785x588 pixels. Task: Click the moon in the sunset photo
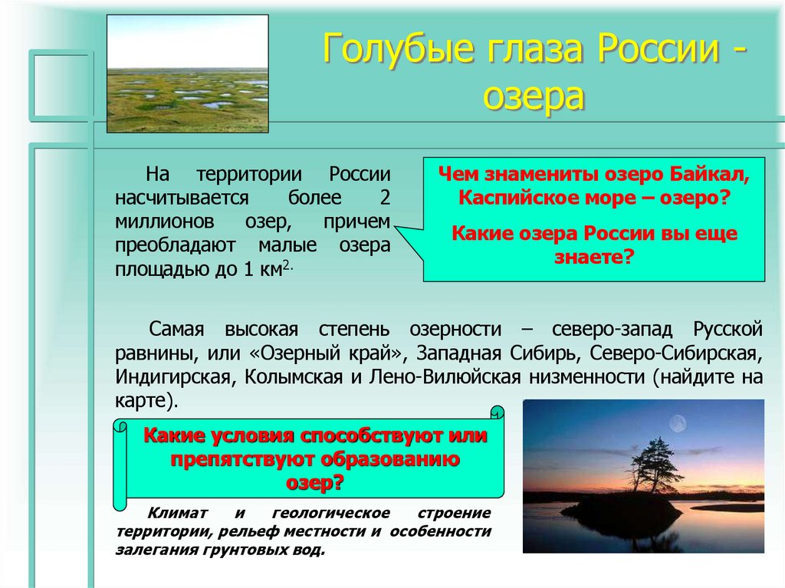[x=678, y=424]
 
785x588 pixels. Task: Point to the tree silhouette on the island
[x=648, y=465]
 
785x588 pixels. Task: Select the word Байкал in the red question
[x=709, y=175]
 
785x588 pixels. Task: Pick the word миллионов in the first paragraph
[x=161, y=222]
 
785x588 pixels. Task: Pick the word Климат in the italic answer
[x=176, y=513]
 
